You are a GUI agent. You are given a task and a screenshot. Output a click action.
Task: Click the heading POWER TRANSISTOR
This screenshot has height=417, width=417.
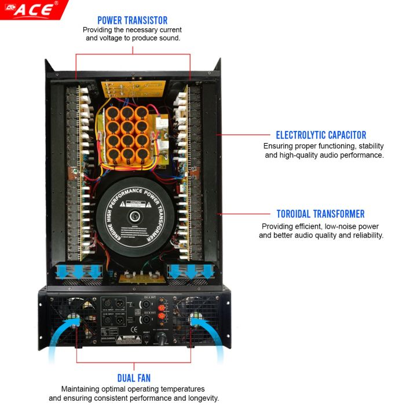[x=133, y=20]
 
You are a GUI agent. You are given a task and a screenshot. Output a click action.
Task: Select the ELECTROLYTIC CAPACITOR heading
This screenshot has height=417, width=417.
[x=321, y=135]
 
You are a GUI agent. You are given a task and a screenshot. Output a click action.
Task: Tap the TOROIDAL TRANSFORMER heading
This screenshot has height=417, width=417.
[x=320, y=214]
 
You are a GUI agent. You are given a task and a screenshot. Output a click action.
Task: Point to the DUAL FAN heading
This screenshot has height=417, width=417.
[x=134, y=378]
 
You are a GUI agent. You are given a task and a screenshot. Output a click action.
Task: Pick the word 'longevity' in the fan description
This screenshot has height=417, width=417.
[x=200, y=398]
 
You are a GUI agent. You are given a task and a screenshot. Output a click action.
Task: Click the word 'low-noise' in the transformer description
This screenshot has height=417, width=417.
[x=328, y=226]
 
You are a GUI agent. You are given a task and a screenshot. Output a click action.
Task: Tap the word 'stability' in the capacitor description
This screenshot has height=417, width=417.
[x=368, y=147]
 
